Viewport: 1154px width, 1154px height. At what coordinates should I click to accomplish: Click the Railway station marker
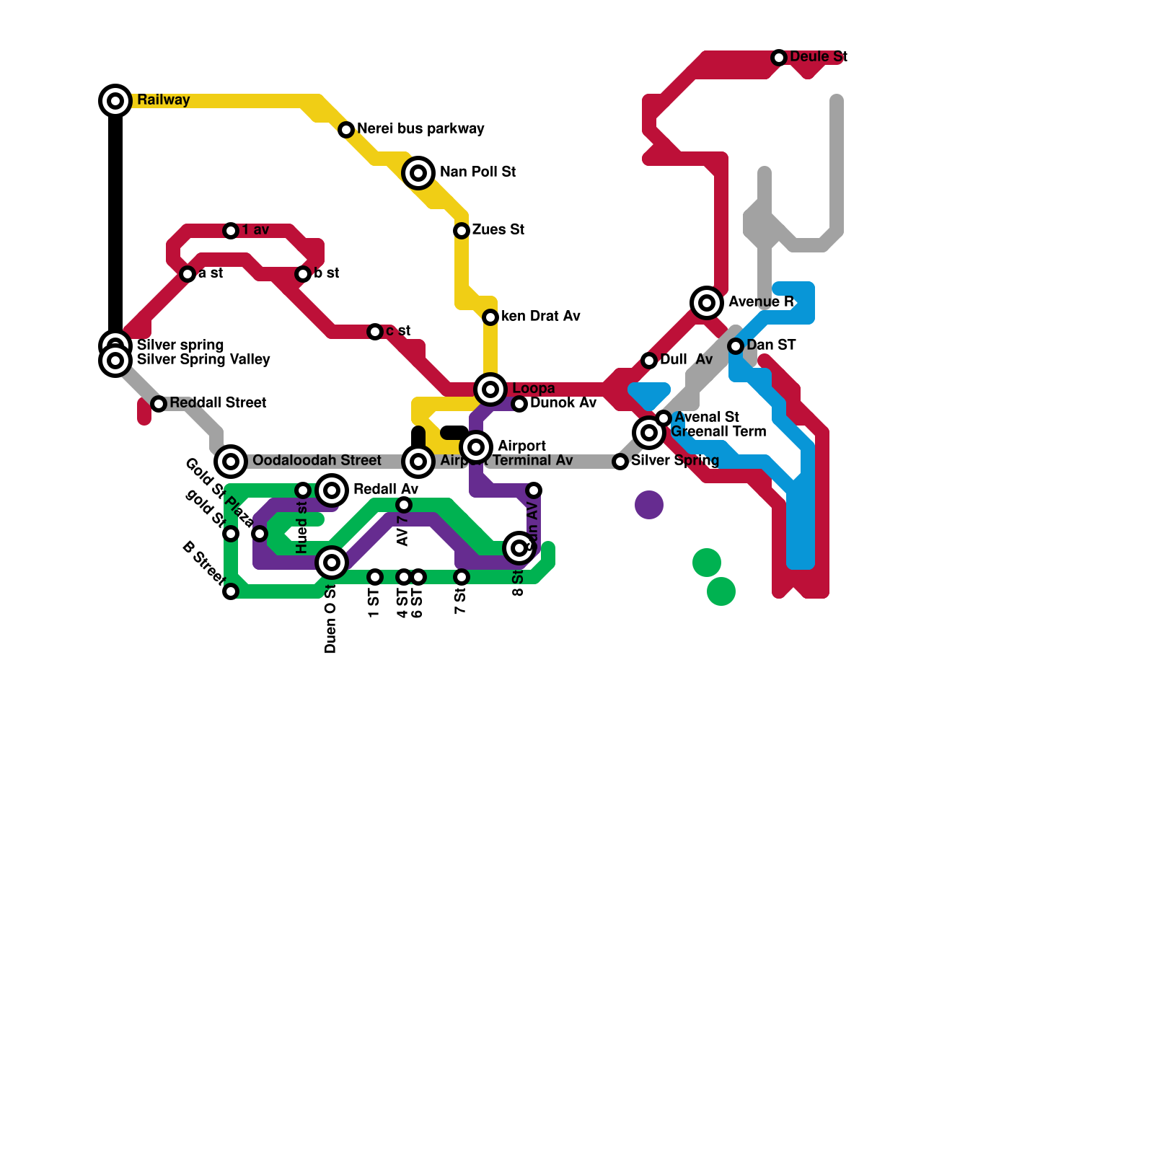pos(115,101)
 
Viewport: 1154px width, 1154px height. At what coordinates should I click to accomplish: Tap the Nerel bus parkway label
pos(420,129)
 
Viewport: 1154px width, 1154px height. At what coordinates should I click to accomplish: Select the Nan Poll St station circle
pos(418,173)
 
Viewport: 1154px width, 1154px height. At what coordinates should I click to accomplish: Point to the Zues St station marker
pos(462,231)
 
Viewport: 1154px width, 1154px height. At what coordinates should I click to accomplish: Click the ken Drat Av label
pos(540,317)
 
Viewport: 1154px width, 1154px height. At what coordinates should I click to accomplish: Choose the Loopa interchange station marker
pos(490,389)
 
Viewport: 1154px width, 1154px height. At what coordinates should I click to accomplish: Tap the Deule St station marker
pos(779,58)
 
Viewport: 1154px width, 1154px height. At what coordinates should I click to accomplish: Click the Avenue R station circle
pos(707,303)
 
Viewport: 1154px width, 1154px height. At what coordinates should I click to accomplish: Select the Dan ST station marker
pos(736,346)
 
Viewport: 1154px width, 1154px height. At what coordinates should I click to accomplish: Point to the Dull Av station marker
pos(649,361)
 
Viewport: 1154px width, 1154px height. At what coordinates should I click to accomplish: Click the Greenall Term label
pos(718,432)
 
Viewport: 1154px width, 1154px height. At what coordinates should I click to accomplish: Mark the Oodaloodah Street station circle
pos(231,462)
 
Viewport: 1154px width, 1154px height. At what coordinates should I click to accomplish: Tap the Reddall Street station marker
pos(159,404)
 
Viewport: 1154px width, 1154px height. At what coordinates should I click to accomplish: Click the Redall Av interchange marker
pos(332,490)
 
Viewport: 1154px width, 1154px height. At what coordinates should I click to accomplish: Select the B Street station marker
pos(231,591)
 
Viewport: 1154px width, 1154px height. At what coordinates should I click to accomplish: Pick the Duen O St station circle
pos(332,563)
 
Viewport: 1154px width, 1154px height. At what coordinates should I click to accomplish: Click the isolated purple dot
pos(649,505)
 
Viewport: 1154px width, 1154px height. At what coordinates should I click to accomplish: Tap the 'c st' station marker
pos(375,332)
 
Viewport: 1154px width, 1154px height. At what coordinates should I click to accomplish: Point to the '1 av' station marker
pos(231,231)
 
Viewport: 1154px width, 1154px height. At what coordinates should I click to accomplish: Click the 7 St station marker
pos(462,577)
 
